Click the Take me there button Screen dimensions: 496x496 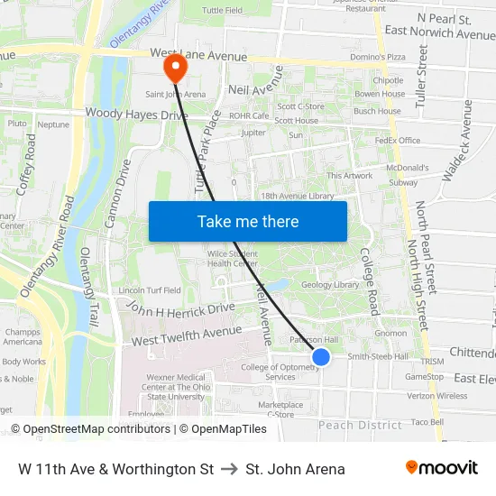point(248,221)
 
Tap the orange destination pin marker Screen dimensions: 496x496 point(173,67)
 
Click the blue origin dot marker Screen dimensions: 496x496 point(321,357)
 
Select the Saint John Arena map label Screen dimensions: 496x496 point(175,93)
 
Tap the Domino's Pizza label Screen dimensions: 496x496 point(379,57)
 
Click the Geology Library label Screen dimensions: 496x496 point(330,284)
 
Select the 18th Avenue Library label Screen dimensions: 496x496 point(297,196)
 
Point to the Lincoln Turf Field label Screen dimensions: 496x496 point(150,290)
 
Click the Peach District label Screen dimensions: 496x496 point(360,425)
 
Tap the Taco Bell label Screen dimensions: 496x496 point(426,421)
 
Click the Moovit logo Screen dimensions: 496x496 point(442,468)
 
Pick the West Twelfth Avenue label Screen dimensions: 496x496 point(187,337)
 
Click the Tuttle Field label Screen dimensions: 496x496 point(222,11)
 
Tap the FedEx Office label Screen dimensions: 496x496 point(398,141)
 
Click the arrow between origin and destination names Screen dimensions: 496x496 point(229,469)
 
